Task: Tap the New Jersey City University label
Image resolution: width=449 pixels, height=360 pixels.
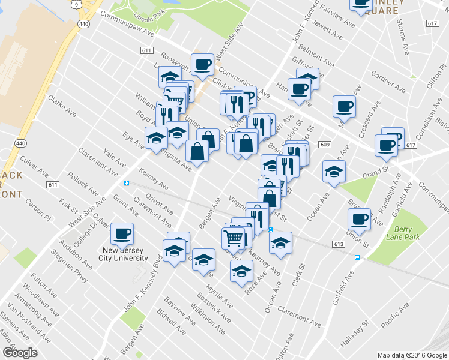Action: pyautogui.click(x=124, y=254)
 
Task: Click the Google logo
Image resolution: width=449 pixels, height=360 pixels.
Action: pyautogui.click(x=20, y=352)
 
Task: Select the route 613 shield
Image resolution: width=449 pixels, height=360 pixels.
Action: pyautogui.click(x=339, y=244)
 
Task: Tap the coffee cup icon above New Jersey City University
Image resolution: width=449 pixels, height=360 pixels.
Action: pyautogui.click(x=122, y=234)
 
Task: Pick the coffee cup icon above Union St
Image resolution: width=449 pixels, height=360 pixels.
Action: pyautogui.click(x=360, y=220)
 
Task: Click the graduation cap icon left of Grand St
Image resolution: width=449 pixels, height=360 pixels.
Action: pyautogui.click(x=334, y=172)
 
